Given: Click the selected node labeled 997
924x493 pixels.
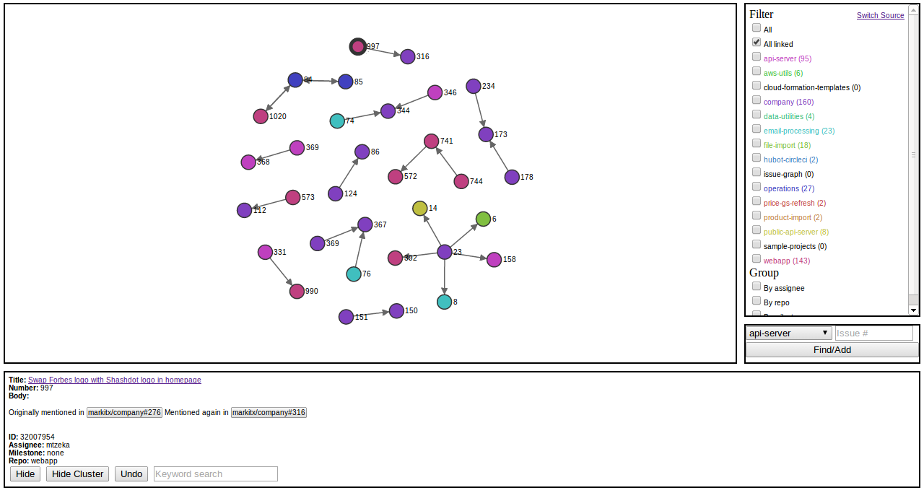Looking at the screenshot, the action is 358,47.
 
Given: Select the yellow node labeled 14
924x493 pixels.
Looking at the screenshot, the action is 420,209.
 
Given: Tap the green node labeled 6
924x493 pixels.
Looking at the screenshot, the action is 484,219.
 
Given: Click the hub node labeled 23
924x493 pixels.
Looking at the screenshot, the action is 445,252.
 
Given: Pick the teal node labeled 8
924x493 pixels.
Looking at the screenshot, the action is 445,302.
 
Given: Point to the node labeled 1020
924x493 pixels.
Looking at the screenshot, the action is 261,116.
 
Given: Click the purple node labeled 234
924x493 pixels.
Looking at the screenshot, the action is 474,87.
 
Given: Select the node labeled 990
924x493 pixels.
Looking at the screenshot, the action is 297,291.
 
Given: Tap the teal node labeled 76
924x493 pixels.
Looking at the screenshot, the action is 354,274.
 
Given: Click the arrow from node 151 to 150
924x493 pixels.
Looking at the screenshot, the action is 371,314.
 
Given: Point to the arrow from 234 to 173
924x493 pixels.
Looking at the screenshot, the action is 479,110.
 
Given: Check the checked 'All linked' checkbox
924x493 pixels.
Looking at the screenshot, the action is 757,43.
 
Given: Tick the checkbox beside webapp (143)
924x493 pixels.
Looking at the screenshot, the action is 757,258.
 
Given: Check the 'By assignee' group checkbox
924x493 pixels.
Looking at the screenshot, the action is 757,287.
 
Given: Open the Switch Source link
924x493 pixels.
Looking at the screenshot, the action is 880,16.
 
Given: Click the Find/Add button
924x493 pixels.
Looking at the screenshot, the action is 832,350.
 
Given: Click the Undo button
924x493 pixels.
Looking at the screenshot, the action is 131,474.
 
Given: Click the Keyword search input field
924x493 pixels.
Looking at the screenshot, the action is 216,474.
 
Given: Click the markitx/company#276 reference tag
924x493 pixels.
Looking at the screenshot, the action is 124,413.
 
